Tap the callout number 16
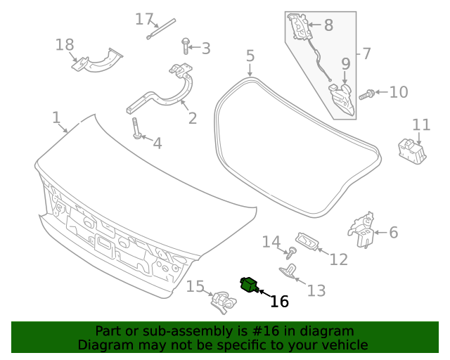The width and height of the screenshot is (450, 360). coord(279,302)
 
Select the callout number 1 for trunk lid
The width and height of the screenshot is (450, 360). coord(56,117)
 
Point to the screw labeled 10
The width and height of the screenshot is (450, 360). coord(365,94)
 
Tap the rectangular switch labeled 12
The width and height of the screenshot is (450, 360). coord(308,241)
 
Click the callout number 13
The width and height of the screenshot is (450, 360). coord(316,290)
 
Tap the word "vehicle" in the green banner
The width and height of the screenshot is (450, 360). coord(343,345)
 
